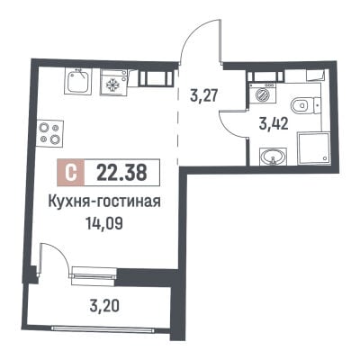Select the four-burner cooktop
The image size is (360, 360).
tap(50, 134)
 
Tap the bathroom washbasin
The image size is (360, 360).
tap(273, 157)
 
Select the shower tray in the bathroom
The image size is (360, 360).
tap(313, 148)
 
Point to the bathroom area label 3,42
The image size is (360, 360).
tap(274, 123)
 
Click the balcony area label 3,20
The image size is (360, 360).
tap(105, 306)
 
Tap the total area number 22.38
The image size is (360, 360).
tap(121, 173)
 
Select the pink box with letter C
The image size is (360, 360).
tap(71, 173)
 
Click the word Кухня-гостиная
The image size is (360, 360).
tap(104, 202)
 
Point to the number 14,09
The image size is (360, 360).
tap(104, 223)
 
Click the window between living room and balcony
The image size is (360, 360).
tap(94, 275)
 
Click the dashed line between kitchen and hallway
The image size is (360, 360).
tap(177, 117)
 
